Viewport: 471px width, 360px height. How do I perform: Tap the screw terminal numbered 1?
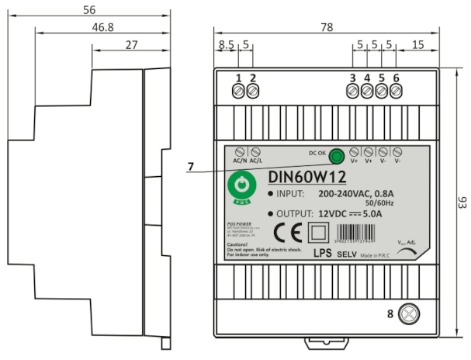point(239,92)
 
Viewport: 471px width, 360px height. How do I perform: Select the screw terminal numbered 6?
point(396,92)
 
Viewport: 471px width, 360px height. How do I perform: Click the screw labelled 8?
point(409,313)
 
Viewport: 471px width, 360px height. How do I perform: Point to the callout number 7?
point(190,166)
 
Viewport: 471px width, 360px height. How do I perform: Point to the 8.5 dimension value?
point(225,46)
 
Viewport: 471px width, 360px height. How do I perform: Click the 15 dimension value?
point(418,46)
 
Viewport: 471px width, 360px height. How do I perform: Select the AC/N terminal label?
point(240,161)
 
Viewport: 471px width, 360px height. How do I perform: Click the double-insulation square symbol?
point(318,233)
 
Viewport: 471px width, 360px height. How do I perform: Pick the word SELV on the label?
point(346,254)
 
